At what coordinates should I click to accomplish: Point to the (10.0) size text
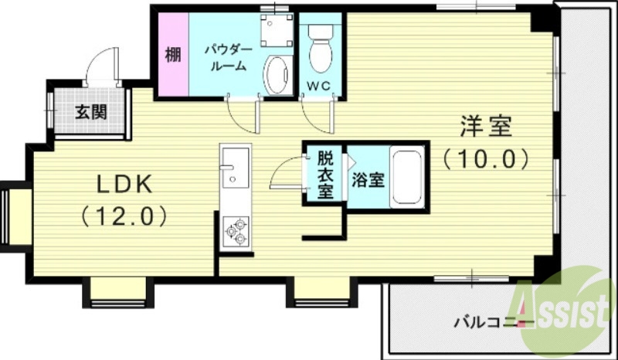tap(486, 159)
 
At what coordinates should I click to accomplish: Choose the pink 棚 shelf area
tap(172, 55)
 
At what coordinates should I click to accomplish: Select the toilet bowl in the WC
tap(318, 49)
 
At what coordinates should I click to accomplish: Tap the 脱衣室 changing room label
tap(325, 175)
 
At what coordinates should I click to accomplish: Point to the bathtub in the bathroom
tap(406, 178)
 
